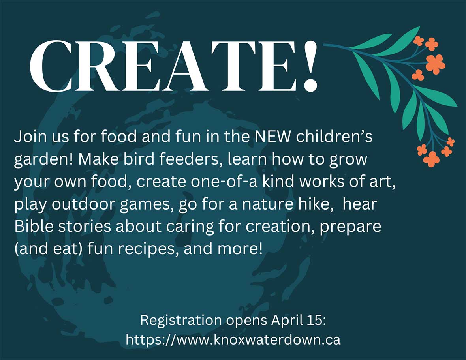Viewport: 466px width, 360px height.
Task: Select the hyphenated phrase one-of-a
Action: [224, 182]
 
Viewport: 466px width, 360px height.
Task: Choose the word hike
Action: [316, 204]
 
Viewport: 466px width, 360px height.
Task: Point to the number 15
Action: [316, 320]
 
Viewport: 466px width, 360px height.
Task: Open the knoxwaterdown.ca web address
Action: [233, 339]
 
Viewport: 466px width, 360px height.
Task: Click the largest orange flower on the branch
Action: [435, 64]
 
